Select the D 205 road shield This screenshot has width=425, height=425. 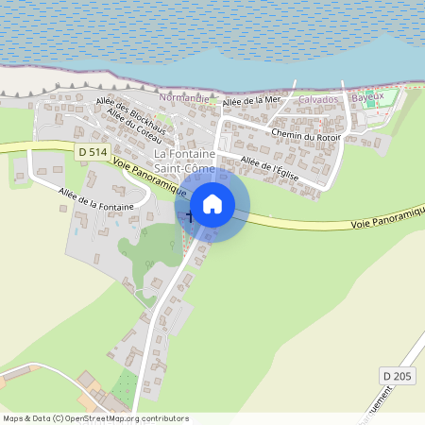pyautogui.click(x=398, y=376)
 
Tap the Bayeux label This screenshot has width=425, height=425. pyautogui.click(x=367, y=97)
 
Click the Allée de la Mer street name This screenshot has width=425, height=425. pyautogui.click(x=253, y=99)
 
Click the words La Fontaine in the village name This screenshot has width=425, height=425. pyautogui.click(x=185, y=154)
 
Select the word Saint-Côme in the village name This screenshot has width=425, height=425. pyautogui.click(x=185, y=168)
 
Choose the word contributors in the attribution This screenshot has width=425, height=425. pyautogui.click(x=166, y=417)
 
